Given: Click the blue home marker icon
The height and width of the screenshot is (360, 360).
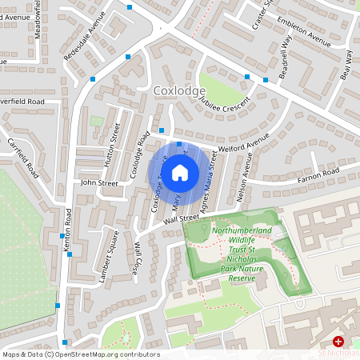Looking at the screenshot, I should click(x=180, y=171).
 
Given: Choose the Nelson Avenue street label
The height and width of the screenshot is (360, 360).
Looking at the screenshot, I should click(x=237, y=181).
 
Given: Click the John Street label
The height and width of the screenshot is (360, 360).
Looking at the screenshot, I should click(x=99, y=183).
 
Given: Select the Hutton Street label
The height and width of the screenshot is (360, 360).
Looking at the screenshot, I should click(x=109, y=150).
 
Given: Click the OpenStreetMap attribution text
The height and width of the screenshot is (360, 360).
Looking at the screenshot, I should click(x=81, y=354).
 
